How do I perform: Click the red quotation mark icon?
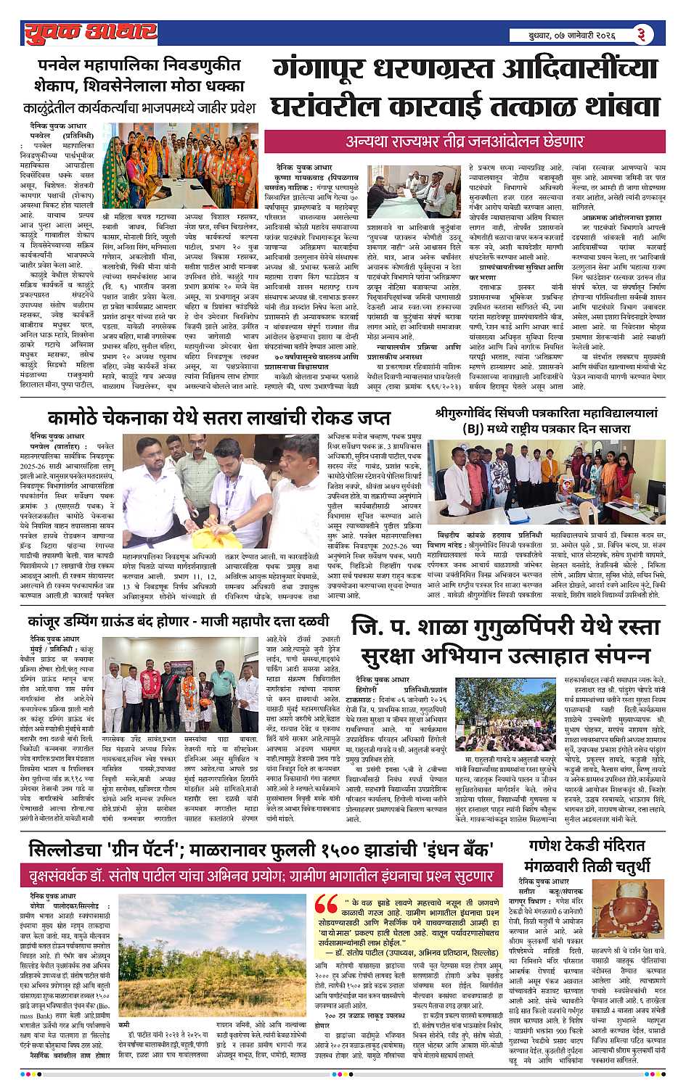pos(327,907)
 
